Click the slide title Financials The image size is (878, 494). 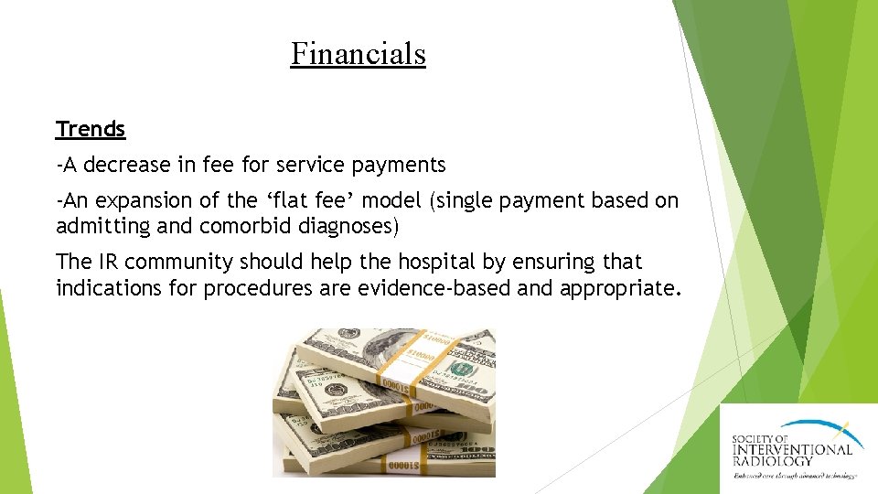[359, 53]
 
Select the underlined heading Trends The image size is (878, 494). [91, 129]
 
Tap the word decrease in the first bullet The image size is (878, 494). [124, 165]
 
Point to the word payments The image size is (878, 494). [401, 166]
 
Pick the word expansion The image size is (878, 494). [138, 200]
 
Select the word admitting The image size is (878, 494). [100, 225]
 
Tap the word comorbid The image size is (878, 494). [240, 225]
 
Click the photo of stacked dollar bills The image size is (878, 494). [384, 403]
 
